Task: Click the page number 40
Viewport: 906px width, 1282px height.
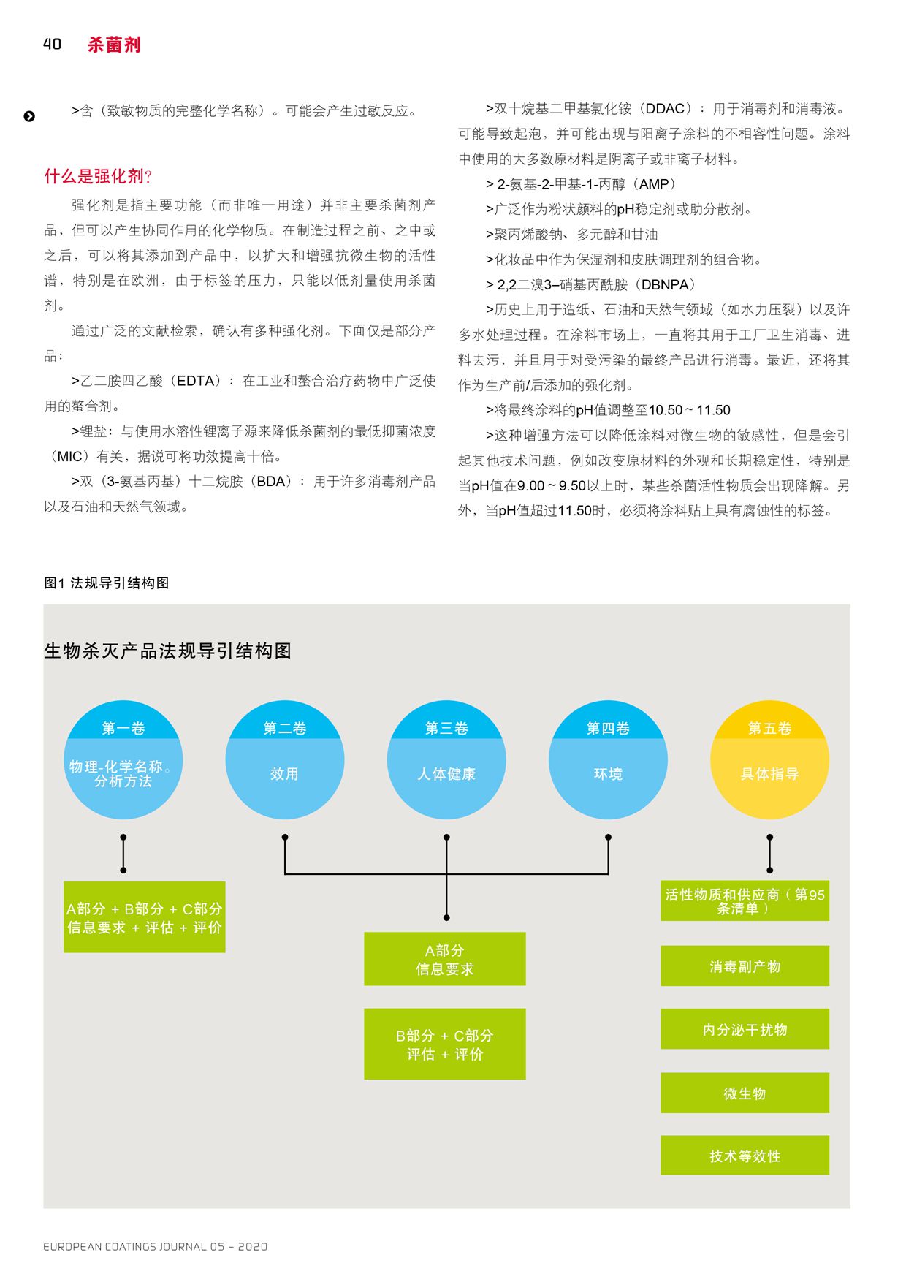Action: (x=52, y=45)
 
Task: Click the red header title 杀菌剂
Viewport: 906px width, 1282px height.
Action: (x=114, y=45)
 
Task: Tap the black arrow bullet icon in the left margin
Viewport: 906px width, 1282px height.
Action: (x=29, y=116)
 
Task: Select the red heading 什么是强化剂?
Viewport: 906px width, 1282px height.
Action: (x=98, y=176)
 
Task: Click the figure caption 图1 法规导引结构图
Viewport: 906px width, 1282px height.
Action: (x=107, y=583)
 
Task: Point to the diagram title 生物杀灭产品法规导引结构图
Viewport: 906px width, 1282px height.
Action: (x=168, y=651)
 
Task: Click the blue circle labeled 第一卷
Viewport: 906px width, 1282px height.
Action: (x=123, y=760)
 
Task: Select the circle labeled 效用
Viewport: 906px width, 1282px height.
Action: (x=285, y=760)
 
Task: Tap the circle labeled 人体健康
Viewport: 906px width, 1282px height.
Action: (x=446, y=760)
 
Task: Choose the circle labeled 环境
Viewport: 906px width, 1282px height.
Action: (x=608, y=760)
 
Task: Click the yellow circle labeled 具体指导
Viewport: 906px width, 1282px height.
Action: (x=769, y=760)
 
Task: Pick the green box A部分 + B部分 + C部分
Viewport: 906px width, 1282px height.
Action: (x=145, y=917)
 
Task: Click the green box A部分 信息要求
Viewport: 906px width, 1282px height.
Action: (x=445, y=959)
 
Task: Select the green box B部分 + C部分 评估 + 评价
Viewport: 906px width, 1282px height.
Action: (x=445, y=1044)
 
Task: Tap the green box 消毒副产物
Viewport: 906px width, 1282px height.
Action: (x=745, y=966)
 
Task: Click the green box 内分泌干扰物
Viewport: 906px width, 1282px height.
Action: (x=745, y=1029)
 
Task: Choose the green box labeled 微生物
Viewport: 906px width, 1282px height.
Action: (x=745, y=1093)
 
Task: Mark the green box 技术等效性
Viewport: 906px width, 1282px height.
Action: (x=745, y=1156)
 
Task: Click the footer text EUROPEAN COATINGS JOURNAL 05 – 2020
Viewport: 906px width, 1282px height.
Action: (x=156, y=1246)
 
